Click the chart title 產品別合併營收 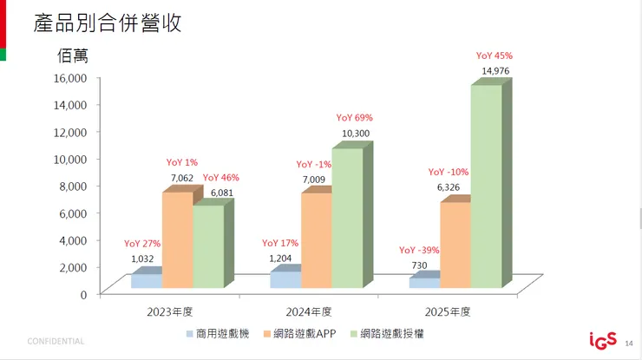click(108, 23)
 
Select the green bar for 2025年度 click(485, 187)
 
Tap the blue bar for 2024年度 click(285, 279)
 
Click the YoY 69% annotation click(354, 118)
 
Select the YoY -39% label click(420, 250)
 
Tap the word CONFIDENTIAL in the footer click(56, 341)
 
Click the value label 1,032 click(143, 259)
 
